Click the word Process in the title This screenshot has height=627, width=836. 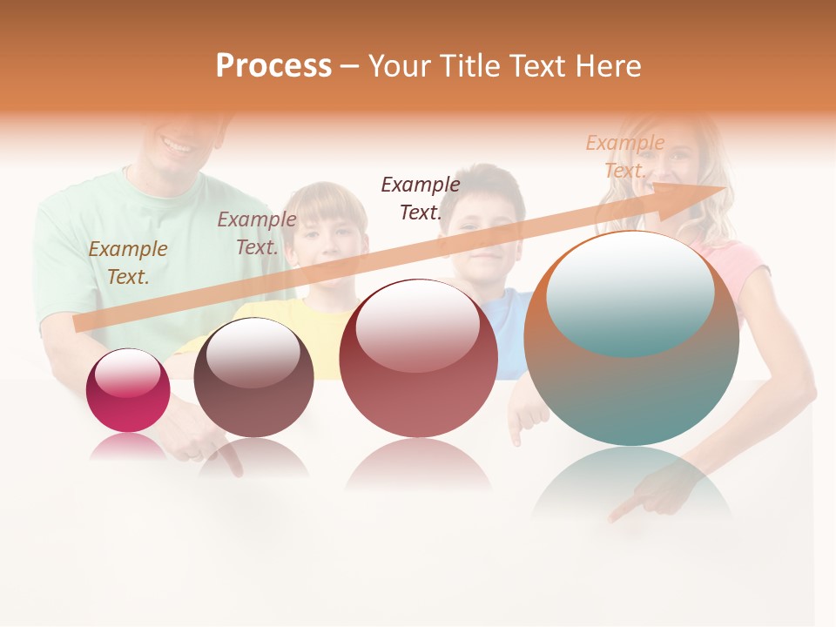click(273, 66)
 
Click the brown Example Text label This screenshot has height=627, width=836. click(128, 263)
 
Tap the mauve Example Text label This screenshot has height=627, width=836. click(257, 233)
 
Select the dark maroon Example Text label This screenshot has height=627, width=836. click(421, 198)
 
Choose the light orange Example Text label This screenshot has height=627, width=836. click(624, 157)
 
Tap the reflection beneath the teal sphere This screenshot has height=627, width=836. click(631, 483)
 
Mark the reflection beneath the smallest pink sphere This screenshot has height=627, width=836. click(128, 446)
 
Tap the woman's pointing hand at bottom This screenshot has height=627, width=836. click(649, 501)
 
